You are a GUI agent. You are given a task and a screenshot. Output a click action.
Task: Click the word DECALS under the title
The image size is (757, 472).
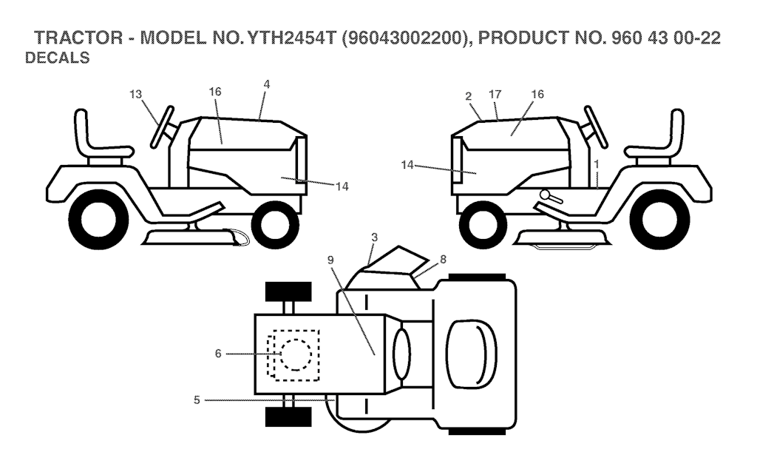pyautogui.click(x=58, y=58)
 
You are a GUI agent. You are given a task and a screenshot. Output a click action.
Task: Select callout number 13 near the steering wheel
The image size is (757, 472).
pyautogui.click(x=135, y=94)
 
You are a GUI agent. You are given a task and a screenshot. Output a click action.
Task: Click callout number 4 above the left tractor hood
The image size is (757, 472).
pyautogui.click(x=266, y=85)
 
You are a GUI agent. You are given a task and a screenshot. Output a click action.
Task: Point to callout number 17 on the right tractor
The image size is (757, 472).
pyautogui.click(x=495, y=94)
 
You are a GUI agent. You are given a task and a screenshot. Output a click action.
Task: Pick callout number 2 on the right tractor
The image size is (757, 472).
pyautogui.click(x=469, y=95)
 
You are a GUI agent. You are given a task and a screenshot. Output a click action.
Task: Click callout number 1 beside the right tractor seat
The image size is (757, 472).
pyautogui.click(x=595, y=161)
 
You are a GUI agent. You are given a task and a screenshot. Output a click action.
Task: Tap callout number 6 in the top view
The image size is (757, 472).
pyautogui.click(x=218, y=354)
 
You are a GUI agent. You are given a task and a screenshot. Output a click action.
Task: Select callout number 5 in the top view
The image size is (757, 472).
pyautogui.click(x=197, y=400)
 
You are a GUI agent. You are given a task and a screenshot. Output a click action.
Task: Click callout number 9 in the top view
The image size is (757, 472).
pyautogui.click(x=330, y=260)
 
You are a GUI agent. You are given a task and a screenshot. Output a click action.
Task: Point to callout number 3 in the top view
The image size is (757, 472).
pyautogui.click(x=375, y=237)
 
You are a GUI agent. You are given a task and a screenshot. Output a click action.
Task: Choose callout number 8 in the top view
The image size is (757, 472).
pyautogui.click(x=443, y=260)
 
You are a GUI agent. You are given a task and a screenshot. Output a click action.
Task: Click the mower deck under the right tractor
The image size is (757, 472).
pyautogui.click(x=562, y=238)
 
